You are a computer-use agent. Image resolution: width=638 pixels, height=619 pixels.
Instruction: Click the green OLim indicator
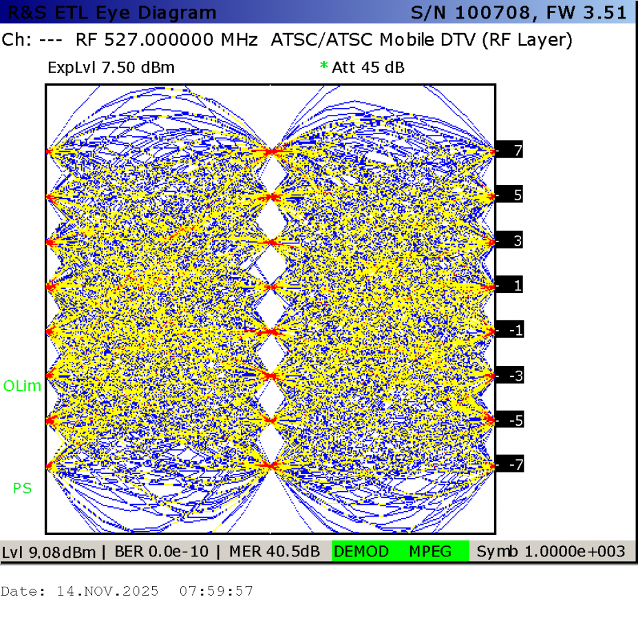pyautogui.click(x=22, y=386)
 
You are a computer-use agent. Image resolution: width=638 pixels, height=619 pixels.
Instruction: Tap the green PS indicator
pyautogui.click(x=23, y=488)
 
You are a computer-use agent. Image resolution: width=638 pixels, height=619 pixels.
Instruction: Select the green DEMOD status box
pyautogui.click(x=361, y=552)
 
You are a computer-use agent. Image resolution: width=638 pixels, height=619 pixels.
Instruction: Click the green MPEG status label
pyautogui.click(x=430, y=552)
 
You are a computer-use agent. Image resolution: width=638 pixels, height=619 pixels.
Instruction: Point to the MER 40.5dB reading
pyautogui.click(x=274, y=552)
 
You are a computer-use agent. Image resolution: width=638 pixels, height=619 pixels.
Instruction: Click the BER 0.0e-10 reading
pyautogui.click(x=162, y=552)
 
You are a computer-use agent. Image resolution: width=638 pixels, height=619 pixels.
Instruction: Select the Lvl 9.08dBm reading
pyautogui.click(x=49, y=552)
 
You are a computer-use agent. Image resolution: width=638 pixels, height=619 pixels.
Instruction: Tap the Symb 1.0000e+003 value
pyautogui.click(x=551, y=552)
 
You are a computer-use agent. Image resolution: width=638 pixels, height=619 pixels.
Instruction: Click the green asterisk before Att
pyautogui.click(x=324, y=65)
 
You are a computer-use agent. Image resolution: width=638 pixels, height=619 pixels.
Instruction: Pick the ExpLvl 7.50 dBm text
pyautogui.click(x=111, y=67)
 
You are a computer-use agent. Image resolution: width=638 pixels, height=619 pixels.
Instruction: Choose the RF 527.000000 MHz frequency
pyautogui.click(x=167, y=40)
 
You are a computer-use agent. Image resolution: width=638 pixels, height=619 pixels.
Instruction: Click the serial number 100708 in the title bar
pyautogui.click(x=493, y=12)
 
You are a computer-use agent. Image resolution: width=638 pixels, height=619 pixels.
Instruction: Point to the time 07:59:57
pyautogui.click(x=216, y=591)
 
